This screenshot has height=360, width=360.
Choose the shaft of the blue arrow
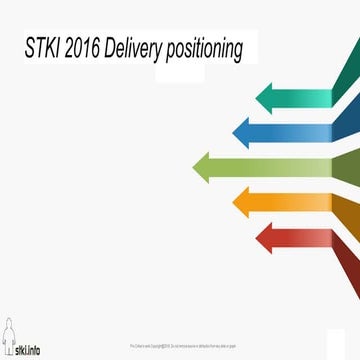tap(290, 129)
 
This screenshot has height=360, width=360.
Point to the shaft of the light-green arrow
tap(280, 166)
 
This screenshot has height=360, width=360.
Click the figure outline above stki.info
tap(9, 335)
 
